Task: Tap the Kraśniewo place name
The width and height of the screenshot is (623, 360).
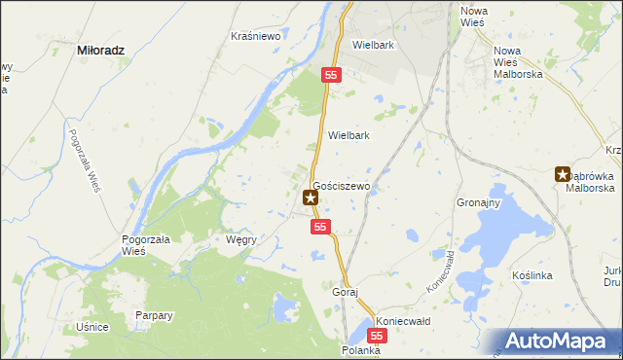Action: click(x=256, y=36)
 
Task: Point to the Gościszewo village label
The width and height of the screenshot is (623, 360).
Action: click(x=340, y=184)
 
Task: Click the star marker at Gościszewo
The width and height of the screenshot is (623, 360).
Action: click(x=311, y=198)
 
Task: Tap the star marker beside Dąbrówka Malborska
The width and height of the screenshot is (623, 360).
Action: click(x=563, y=175)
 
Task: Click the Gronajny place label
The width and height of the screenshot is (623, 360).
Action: click(x=478, y=203)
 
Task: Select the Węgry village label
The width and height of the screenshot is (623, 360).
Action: click(x=240, y=238)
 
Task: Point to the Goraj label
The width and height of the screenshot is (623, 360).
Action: click(x=346, y=292)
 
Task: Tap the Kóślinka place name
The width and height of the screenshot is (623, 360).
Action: click(x=532, y=276)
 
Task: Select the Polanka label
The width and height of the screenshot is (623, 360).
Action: click(x=360, y=349)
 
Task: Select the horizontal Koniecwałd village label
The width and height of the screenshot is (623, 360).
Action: click(x=403, y=320)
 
